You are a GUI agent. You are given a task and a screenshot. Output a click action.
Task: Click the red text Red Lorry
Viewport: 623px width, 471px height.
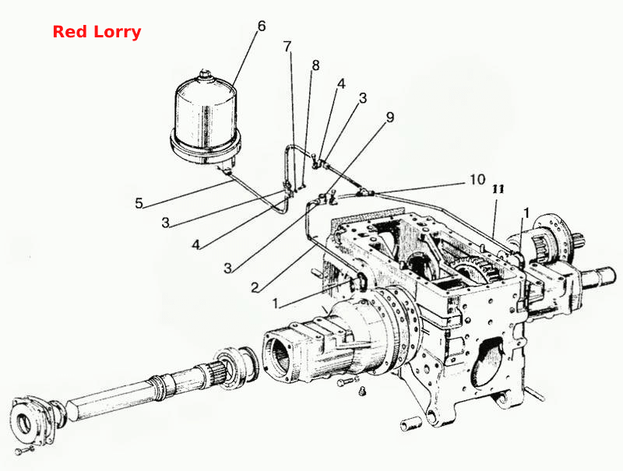[97, 32]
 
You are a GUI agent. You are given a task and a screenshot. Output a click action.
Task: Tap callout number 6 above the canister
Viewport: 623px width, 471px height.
[261, 26]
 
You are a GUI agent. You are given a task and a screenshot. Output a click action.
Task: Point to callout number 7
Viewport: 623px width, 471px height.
[287, 47]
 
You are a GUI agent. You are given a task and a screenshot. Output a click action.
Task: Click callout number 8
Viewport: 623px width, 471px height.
[315, 65]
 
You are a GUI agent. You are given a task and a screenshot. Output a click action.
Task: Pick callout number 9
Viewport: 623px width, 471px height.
[390, 117]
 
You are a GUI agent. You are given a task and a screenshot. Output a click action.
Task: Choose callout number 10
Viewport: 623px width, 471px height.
[477, 180]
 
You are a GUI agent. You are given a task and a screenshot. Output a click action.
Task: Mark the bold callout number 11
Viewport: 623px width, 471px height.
[498, 189]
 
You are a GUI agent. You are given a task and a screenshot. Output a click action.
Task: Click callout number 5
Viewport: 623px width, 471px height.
[139, 203]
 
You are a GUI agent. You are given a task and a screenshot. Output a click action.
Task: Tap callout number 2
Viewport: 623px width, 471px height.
[255, 286]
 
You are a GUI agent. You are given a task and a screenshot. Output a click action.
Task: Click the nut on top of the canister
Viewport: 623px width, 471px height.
[206, 73]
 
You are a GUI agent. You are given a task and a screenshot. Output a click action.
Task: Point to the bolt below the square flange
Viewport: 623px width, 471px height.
[25, 450]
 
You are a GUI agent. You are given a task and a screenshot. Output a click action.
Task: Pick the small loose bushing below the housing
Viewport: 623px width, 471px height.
[410, 424]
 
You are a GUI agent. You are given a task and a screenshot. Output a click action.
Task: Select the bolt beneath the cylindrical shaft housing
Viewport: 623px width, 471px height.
[347, 382]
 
